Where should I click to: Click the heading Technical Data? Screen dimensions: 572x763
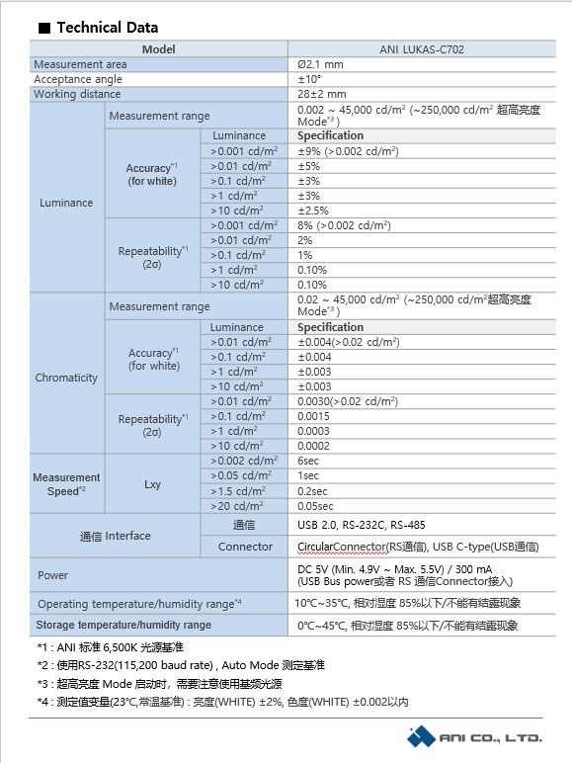(107, 28)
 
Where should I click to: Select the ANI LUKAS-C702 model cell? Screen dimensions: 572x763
(421, 49)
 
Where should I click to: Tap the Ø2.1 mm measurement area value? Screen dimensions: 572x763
(321, 64)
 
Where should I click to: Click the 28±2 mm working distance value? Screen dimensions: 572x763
(322, 94)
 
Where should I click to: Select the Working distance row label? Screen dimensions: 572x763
(77, 94)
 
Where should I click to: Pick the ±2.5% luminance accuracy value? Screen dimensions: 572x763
(315, 210)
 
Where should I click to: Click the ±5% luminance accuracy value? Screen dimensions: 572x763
(309, 166)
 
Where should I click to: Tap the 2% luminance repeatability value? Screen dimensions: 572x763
(305, 240)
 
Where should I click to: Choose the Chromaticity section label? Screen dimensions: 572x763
(66, 378)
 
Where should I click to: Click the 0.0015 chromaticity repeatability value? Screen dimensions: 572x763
(314, 416)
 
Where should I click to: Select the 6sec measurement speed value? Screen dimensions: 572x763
(309, 461)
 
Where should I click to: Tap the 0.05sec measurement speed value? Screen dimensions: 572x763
(315, 505)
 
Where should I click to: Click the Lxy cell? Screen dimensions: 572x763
(153, 483)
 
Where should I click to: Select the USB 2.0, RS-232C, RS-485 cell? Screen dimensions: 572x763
(362, 525)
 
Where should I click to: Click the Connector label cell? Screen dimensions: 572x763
(245, 547)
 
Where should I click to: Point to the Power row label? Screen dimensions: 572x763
(52, 574)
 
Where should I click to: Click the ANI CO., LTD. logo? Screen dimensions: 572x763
(476, 737)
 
